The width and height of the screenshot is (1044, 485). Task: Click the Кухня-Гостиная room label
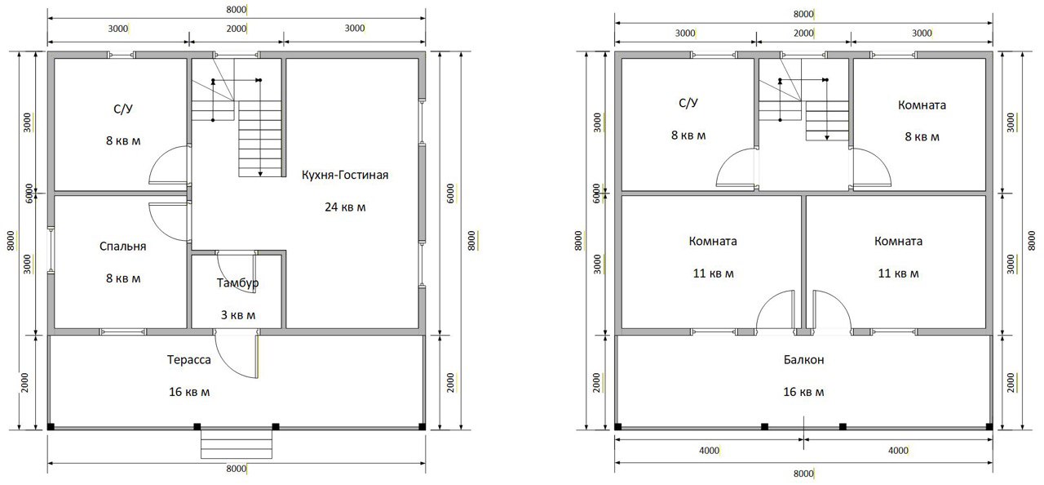click(345, 175)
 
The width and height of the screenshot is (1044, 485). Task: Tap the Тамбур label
click(237, 283)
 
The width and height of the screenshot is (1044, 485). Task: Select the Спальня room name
click(122, 247)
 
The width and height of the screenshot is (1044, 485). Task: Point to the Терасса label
click(188, 359)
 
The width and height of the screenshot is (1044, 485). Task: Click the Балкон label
click(803, 359)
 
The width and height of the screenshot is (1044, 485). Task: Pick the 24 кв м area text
click(345, 207)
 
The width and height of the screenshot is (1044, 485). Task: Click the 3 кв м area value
click(237, 315)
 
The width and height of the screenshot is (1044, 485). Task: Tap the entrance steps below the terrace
click(237, 444)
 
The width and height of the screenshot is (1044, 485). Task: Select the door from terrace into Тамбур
click(237, 354)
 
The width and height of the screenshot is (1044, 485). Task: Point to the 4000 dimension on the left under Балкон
click(709, 451)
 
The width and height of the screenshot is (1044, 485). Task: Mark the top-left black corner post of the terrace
click(51, 426)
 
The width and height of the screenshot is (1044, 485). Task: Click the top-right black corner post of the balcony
click(989, 426)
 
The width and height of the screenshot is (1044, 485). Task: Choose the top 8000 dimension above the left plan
click(237, 9)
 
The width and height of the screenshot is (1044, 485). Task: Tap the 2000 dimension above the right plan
click(803, 33)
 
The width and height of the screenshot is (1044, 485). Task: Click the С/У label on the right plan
click(688, 103)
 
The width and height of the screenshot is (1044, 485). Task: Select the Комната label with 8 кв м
click(922, 105)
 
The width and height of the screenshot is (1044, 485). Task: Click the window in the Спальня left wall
click(51, 251)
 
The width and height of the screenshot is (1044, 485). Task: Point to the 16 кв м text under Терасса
click(188, 392)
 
